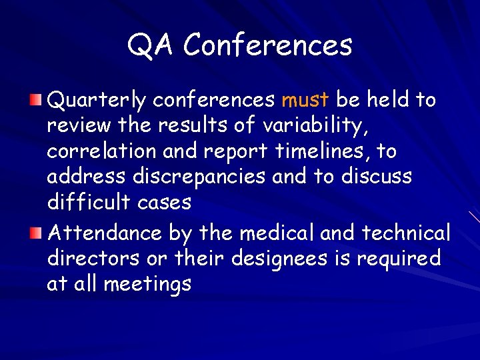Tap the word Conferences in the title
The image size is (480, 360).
tap(267, 46)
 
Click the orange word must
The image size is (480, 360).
tap(305, 101)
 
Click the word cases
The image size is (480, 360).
tap(166, 203)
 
